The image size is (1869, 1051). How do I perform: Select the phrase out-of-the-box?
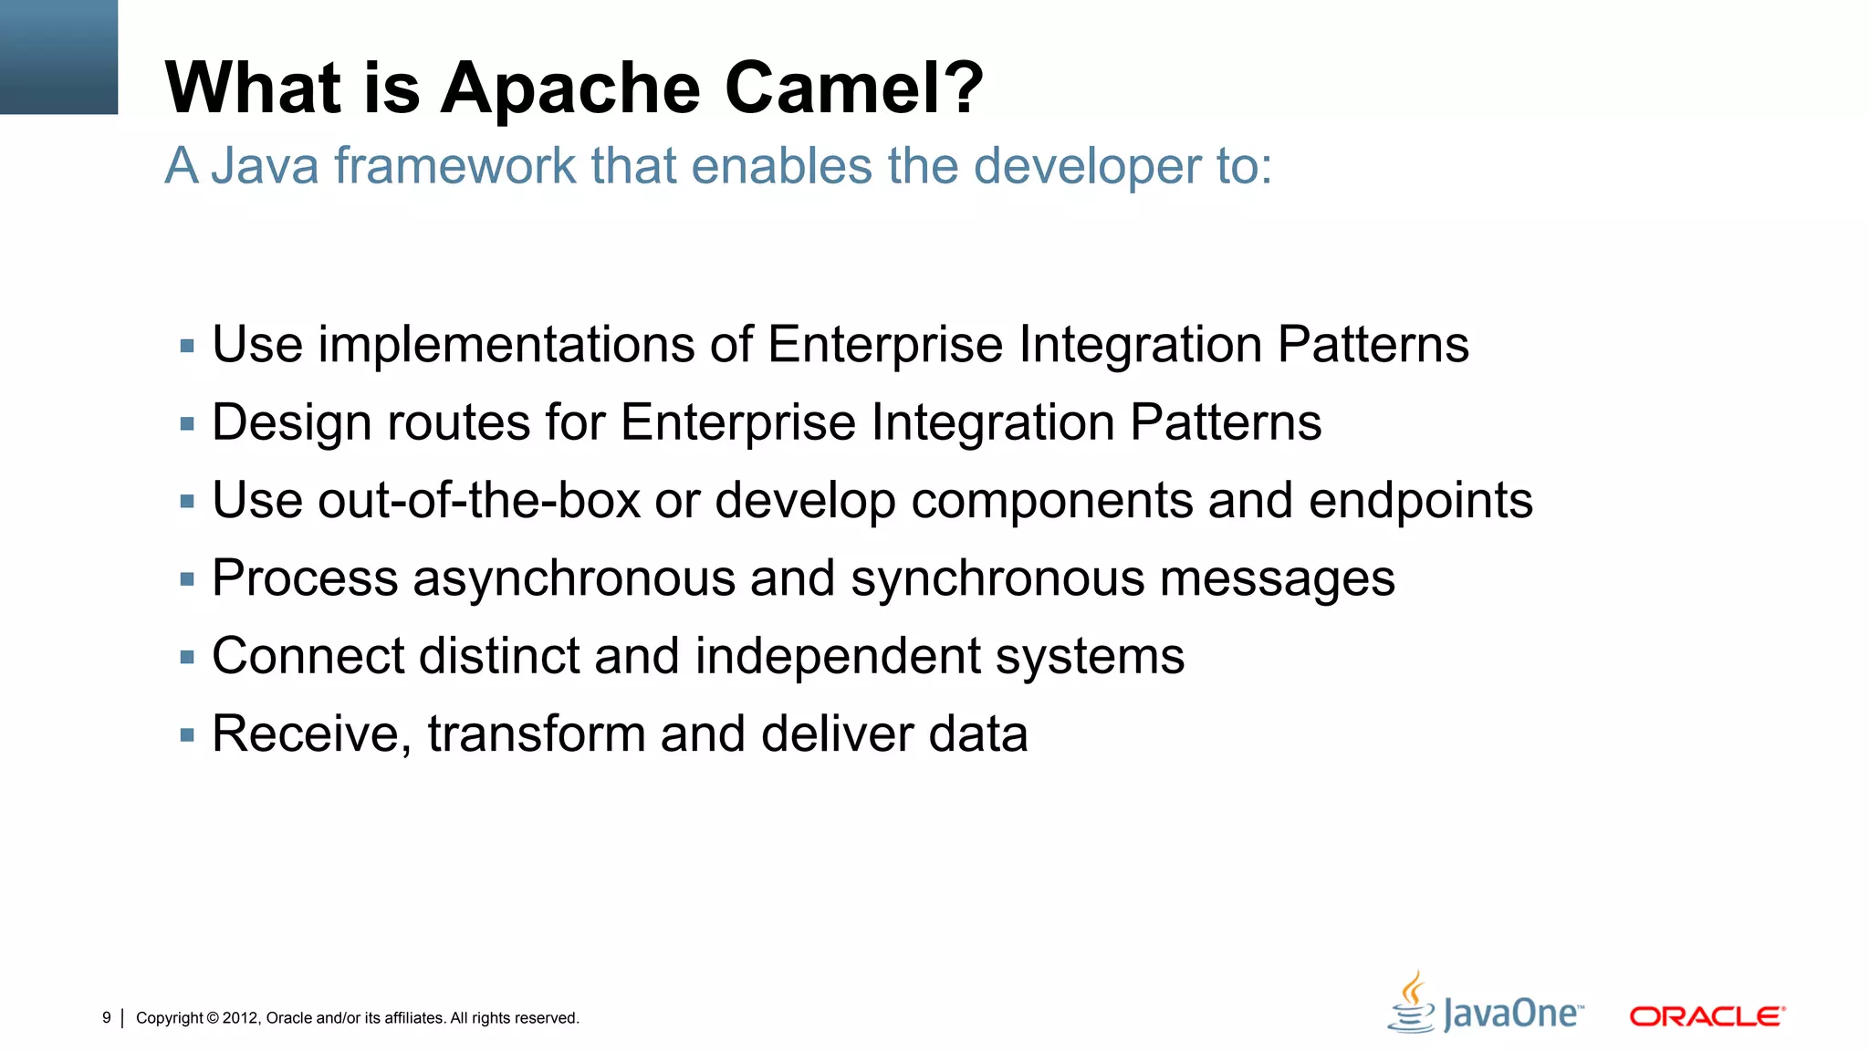tap(478, 501)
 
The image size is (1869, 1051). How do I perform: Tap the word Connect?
tap(308, 657)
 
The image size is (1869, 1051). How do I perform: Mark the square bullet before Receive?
tap(187, 734)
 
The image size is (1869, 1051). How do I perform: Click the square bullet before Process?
tap(187, 578)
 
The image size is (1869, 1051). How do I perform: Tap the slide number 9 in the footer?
tap(107, 1017)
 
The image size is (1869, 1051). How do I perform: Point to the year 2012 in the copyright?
tap(241, 1018)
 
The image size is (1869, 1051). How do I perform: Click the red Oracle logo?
tap(1707, 1016)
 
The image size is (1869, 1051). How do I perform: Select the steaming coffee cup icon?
tap(1412, 1002)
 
